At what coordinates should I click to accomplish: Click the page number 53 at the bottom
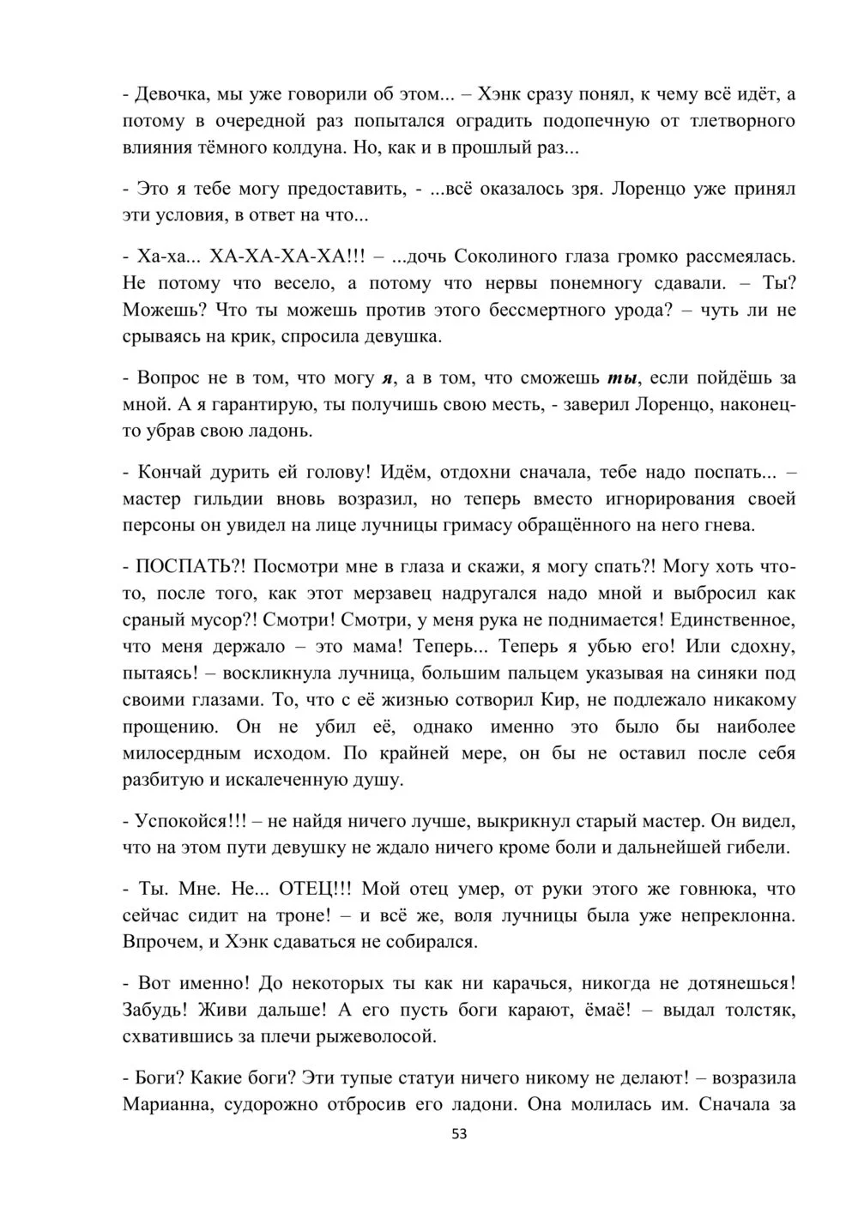point(459,1134)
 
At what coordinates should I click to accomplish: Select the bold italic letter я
point(387,377)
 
